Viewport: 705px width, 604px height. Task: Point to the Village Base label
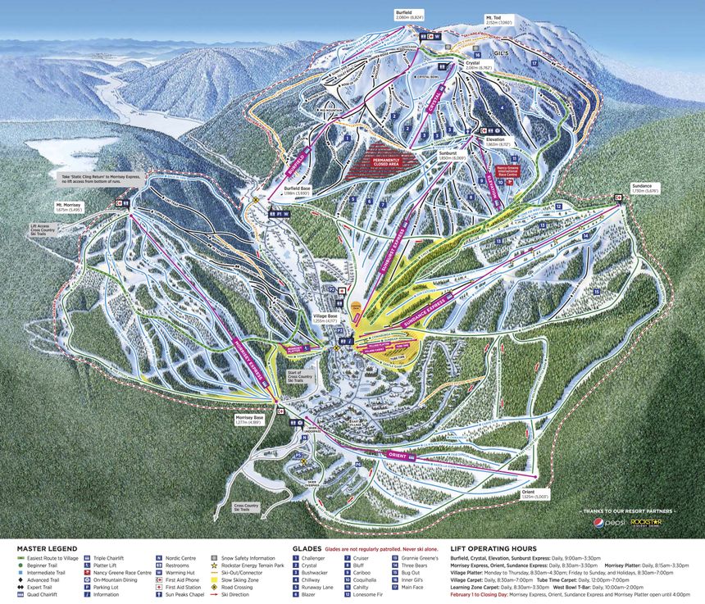coord(326,317)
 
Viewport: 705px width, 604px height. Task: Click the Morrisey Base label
coord(248,420)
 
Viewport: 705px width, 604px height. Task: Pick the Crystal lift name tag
coord(435,107)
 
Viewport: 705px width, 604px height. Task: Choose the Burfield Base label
coord(296,189)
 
